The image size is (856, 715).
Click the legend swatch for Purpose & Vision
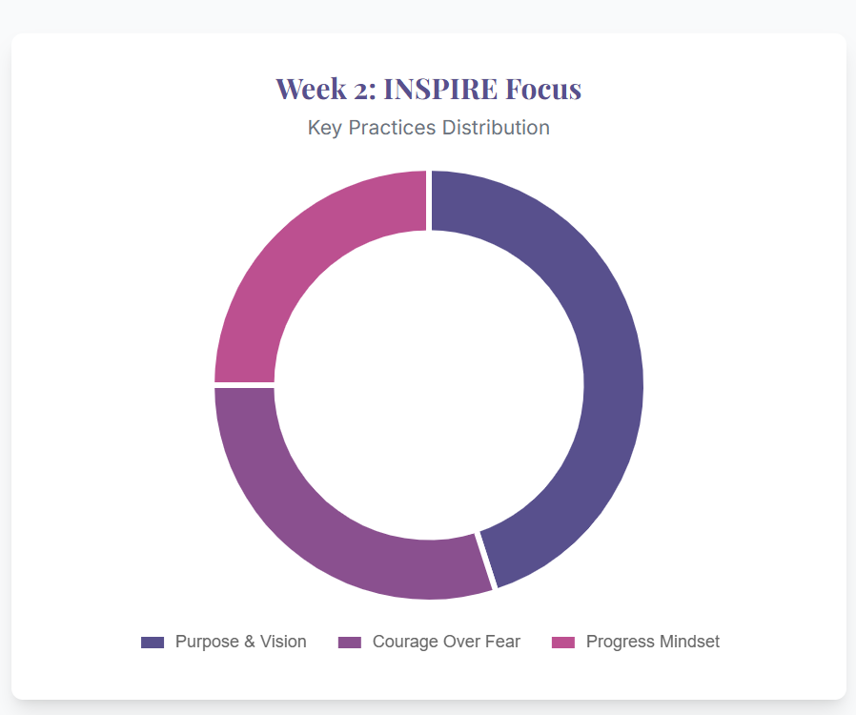point(153,643)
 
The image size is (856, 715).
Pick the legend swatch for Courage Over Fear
point(350,643)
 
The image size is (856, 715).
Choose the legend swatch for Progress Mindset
point(564,643)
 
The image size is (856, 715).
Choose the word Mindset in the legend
point(688,643)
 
